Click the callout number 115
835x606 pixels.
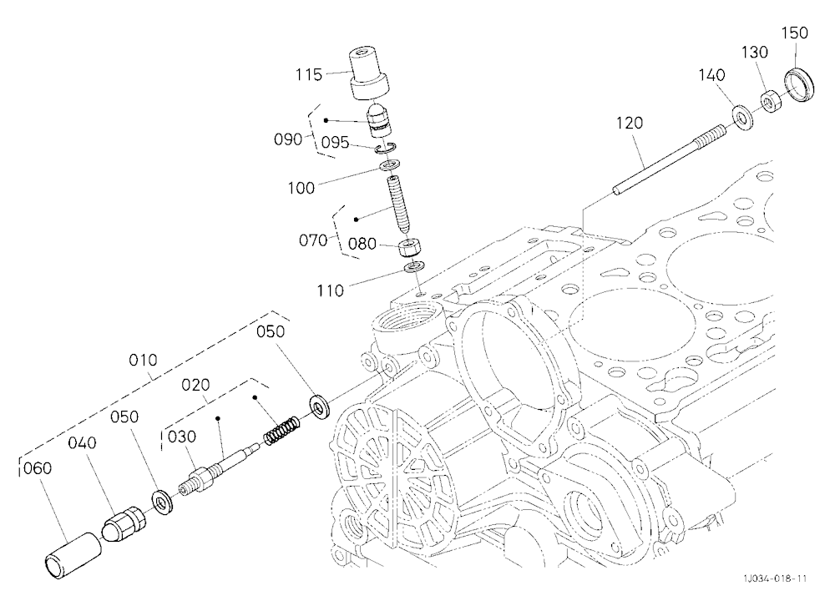310,74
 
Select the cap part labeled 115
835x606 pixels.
370,74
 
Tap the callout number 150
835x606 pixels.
795,33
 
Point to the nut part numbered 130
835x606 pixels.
771,101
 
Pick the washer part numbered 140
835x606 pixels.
742,119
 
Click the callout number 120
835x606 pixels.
630,123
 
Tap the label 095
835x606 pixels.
335,143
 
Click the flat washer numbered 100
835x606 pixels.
390,166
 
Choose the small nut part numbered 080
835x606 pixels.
411,248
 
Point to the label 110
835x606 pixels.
330,290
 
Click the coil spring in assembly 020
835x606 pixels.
281,430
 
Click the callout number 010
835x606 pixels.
144,361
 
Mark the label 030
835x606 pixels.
182,437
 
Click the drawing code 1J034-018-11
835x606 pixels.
776,578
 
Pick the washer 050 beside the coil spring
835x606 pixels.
320,407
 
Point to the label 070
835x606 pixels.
313,240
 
